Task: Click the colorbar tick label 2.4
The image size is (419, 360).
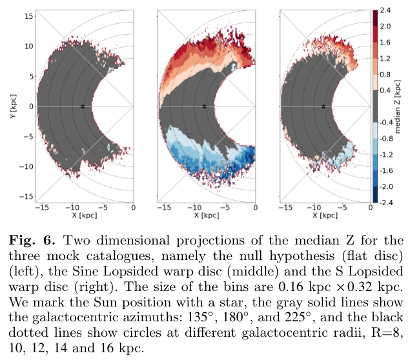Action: point(386,10)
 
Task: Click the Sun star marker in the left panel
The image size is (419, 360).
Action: point(83,106)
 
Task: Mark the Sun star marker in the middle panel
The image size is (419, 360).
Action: point(204,106)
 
